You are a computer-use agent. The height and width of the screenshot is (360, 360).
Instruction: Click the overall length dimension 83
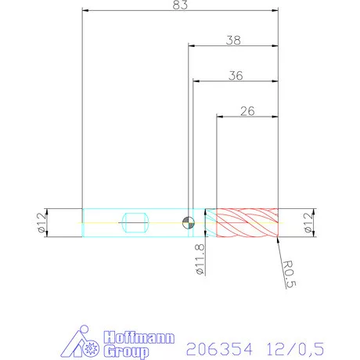point(180,5)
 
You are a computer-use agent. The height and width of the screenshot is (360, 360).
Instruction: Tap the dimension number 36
point(236,76)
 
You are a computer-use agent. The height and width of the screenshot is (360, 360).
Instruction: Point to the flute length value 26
point(247,111)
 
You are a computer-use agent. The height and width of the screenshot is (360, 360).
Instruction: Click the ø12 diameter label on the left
point(40,223)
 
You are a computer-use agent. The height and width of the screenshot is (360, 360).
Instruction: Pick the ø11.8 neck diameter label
point(200,257)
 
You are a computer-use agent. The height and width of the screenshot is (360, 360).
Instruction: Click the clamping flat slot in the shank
point(135,223)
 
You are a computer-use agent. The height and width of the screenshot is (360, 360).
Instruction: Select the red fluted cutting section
point(247,223)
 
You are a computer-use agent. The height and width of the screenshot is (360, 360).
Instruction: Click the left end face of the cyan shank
point(83,223)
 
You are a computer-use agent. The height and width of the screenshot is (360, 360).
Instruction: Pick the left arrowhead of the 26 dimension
point(220,117)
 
